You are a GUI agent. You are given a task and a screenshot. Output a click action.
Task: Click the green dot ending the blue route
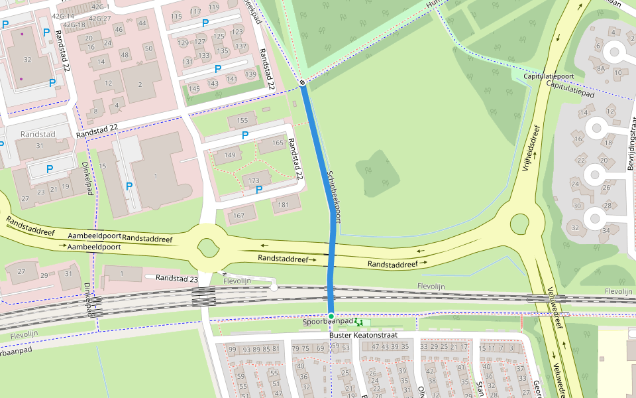tap(331, 315)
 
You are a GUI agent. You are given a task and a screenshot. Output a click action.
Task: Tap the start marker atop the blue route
tap(302, 83)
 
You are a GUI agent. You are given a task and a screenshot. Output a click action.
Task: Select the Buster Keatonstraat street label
tap(362, 336)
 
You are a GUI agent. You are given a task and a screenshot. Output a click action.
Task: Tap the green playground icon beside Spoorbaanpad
tap(359, 322)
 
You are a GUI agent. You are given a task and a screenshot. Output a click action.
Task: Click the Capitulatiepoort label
tap(549, 76)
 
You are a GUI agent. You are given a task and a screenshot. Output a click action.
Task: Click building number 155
tap(242, 120)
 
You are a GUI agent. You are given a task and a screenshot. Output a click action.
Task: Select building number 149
tap(230, 155)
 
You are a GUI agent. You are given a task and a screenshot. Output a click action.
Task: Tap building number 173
tap(254, 180)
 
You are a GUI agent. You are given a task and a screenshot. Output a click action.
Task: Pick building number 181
tap(284, 204)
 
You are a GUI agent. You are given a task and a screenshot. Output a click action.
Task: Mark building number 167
tap(239, 215)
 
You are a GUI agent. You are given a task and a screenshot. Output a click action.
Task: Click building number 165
tap(278, 143)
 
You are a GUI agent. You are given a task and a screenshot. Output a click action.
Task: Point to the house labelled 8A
tap(601, 68)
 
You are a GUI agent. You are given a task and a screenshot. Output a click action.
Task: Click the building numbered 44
tap(142, 23)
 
